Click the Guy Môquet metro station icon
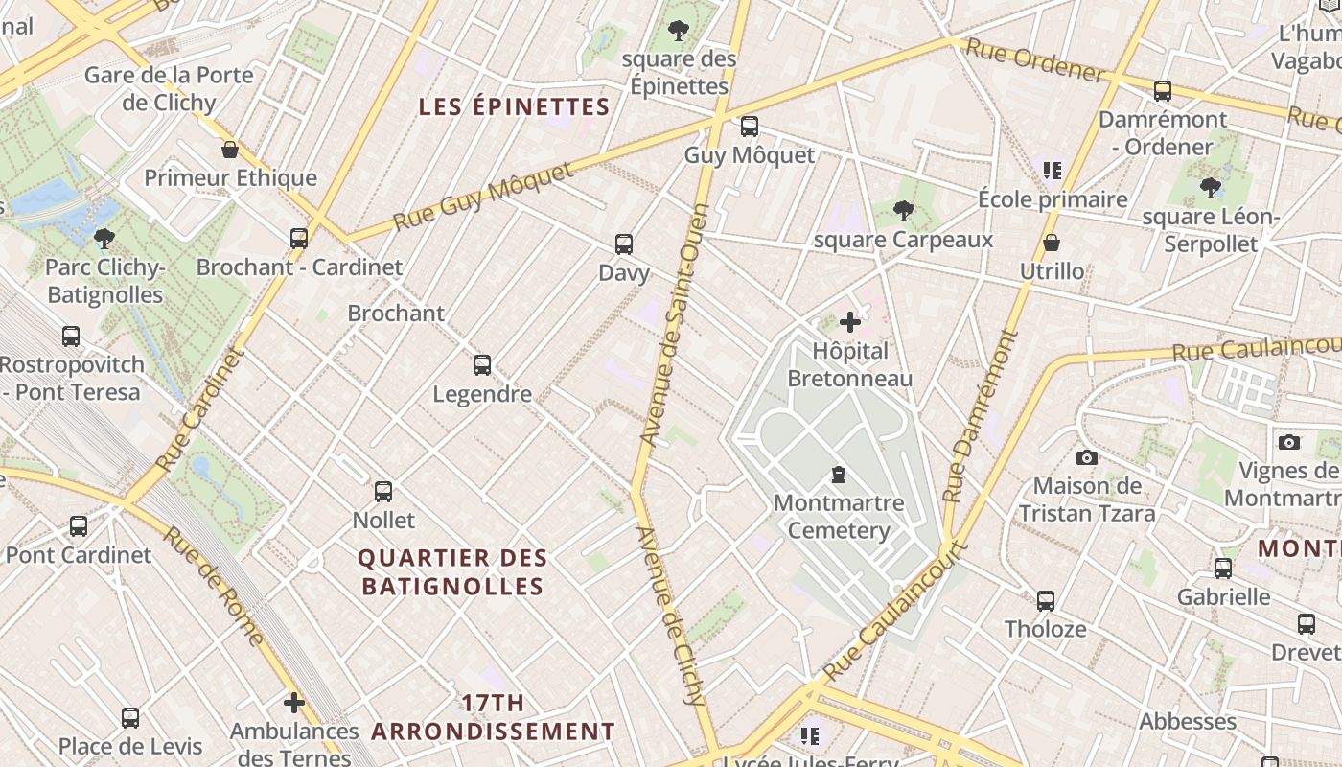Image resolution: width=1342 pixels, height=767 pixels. pyautogui.click(x=750, y=127)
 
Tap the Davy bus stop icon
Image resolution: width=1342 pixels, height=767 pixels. pyautogui.click(x=624, y=244)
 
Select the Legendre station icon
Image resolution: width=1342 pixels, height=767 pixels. pyautogui.click(x=482, y=365)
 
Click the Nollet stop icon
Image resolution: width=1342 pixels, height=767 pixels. pyautogui.click(x=383, y=492)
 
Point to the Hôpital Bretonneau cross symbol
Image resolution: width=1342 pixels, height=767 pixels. pyautogui.click(x=850, y=322)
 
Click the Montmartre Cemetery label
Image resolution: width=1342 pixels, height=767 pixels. pyautogui.click(x=839, y=517)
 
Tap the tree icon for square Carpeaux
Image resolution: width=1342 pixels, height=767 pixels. pyautogui.click(x=903, y=211)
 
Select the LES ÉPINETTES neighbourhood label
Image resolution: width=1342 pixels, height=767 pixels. pyautogui.click(x=514, y=106)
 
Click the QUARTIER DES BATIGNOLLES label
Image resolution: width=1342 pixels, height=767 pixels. pyautogui.click(x=452, y=572)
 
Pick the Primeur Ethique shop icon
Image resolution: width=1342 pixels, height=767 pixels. pyautogui.click(x=230, y=150)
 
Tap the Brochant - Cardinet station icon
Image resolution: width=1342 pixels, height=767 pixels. pyautogui.click(x=299, y=239)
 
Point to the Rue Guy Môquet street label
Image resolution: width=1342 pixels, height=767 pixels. pyautogui.click(x=483, y=198)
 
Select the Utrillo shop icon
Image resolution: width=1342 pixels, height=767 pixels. pyautogui.click(x=1052, y=244)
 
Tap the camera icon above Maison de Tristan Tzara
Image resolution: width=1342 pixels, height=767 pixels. pyautogui.click(x=1087, y=457)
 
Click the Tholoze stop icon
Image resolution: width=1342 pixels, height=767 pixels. pyautogui.click(x=1046, y=601)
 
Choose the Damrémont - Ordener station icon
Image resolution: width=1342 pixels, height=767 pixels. pyautogui.click(x=1163, y=91)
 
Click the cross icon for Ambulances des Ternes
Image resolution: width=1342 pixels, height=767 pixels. pyautogui.click(x=294, y=703)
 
